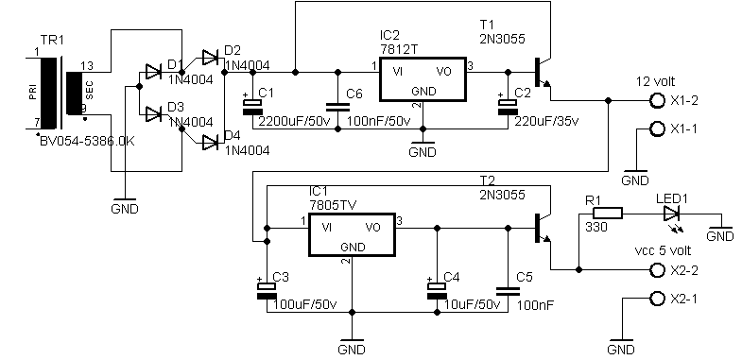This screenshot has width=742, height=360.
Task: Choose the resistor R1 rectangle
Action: tap(606, 213)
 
